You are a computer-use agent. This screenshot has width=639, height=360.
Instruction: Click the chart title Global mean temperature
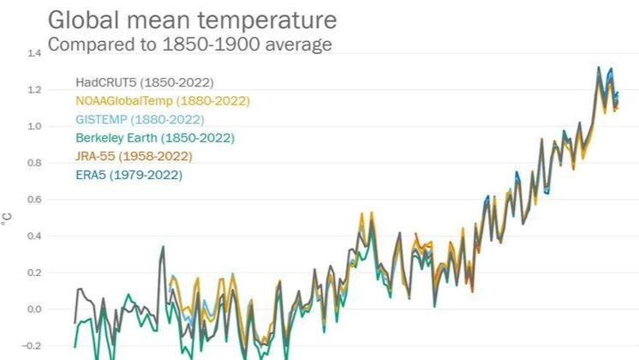pyautogui.click(x=192, y=20)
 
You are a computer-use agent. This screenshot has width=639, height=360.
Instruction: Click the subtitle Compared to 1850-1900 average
pyautogui.click(x=189, y=44)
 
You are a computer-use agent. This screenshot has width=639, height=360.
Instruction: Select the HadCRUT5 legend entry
pyautogui.click(x=144, y=83)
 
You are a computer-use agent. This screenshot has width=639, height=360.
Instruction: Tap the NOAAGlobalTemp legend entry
pyautogui.click(x=162, y=101)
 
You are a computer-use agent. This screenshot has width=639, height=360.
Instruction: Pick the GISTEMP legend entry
pyautogui.click(x=139, y=119)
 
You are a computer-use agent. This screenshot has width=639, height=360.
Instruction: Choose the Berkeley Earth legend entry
pyautogui.click(x=154, y=138)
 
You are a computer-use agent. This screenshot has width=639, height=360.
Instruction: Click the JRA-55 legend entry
pyautogui.click(x=134, y=156)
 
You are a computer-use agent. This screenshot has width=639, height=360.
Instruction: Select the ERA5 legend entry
pyautogui.click(x=128, y=175)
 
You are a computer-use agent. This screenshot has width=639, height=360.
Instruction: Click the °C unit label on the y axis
pyautogui.click(x=9, y=224)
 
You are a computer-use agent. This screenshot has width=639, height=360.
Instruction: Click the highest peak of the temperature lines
pyautogui.click(x=598, y=68)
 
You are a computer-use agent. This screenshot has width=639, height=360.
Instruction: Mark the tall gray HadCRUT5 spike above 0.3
pyautogui.click(x=163, y=248)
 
